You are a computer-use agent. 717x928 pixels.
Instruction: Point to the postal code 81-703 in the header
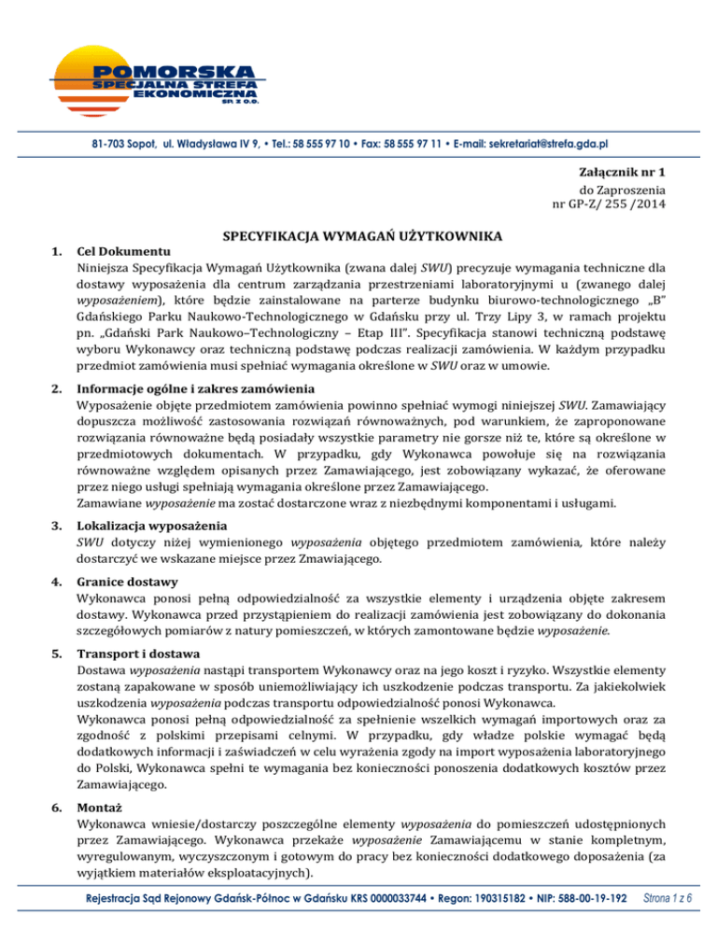click(x=96, y=145)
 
